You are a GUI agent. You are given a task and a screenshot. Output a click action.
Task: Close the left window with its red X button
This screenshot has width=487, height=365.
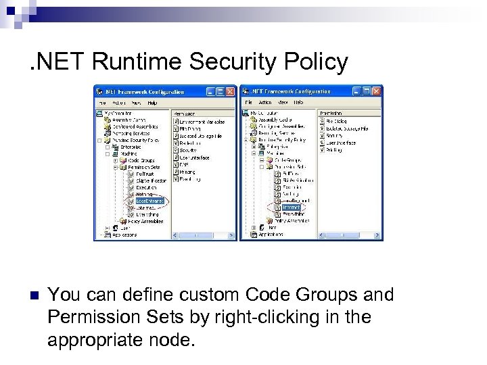[x=231, y=91]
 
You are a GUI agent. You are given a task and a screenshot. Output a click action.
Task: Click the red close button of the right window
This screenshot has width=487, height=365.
[x=376, y=91]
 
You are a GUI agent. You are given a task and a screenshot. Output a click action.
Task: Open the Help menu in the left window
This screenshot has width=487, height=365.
[x=153, y=103]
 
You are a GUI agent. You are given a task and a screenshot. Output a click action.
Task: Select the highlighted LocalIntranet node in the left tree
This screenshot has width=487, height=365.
[x=149, y=200]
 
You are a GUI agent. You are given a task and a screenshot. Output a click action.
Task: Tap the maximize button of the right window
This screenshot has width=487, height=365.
[x=367, y=91]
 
